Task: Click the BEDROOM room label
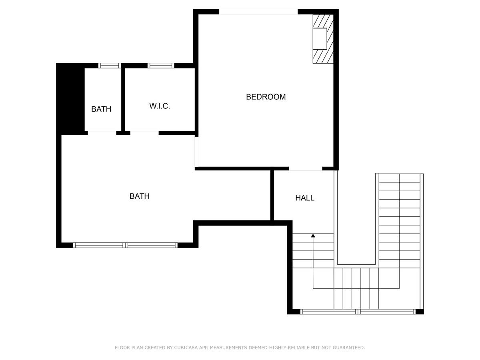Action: [266, 97]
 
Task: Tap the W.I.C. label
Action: [160, 106]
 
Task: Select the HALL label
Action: [305, 198]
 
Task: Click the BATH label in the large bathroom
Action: [140, 196]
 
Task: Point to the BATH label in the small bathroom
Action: [101, 109]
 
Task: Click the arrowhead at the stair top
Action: [313, 236]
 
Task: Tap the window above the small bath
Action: [110, 66]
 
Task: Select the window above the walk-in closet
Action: [161, 66]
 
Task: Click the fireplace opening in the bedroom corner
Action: [320, 38]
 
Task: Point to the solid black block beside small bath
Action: [70, 98]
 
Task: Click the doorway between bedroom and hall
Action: [306, 168]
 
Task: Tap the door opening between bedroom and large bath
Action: [197, 152]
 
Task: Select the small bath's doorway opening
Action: [102, 133]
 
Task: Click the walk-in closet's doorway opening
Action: [144, 133]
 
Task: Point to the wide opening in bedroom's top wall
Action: [258, 12]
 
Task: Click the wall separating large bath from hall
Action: [272, 196]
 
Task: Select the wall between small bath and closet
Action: [123, 100]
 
